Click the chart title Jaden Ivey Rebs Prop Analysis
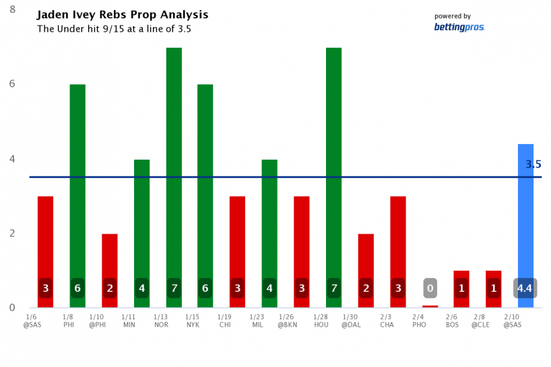(122, 15)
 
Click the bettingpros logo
(459, 27)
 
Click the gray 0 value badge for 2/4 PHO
(430, 288)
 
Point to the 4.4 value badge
(525, 288)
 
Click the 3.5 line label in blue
(533, 164)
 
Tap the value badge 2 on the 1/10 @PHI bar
(110, 288)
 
